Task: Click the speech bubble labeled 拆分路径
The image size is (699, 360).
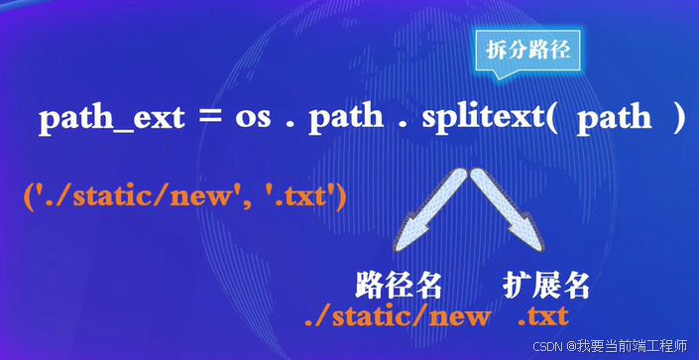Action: point(528,50)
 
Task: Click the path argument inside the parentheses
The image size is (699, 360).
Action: point(614,119)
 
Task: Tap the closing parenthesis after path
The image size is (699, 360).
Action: point(677,119)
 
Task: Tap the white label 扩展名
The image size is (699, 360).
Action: point(546,286)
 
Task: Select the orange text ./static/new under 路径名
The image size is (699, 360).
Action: point(397,316)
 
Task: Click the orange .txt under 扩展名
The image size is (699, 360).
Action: point(543,316)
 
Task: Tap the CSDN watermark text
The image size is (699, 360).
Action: point(548,345)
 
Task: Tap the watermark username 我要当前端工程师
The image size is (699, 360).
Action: point(632,345)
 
